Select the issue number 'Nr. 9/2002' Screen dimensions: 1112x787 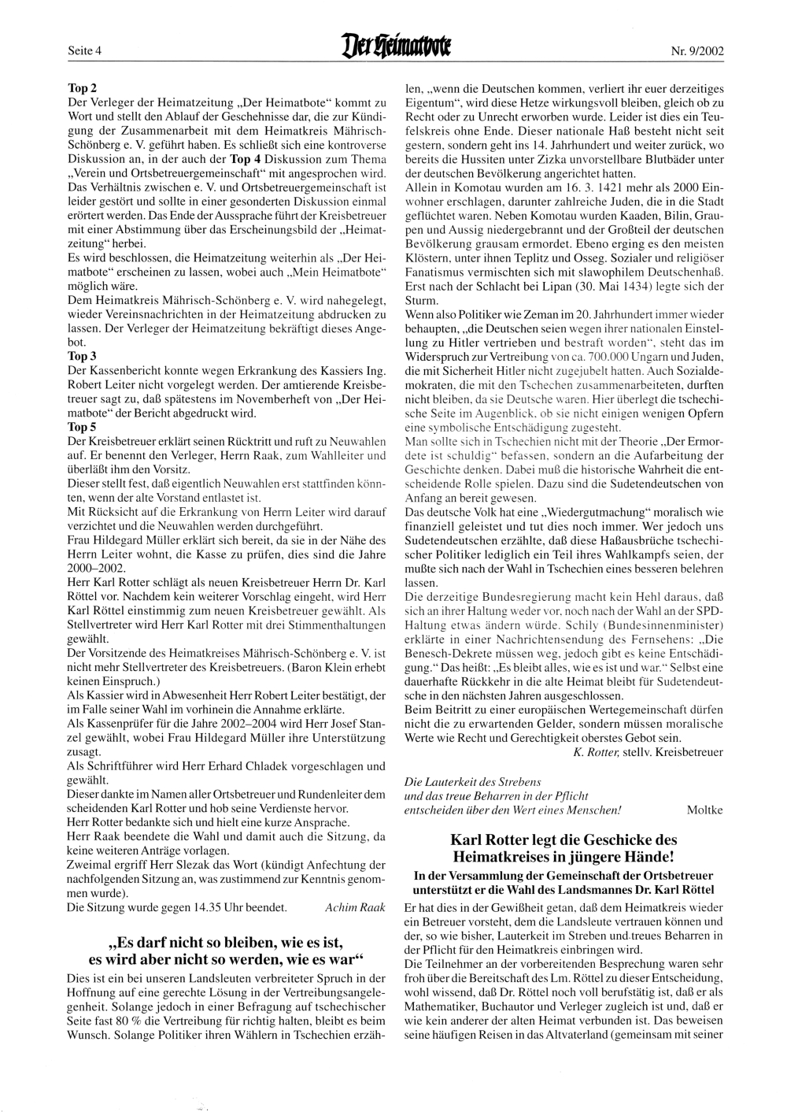point(697,53)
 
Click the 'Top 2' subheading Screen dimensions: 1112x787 point(83,90)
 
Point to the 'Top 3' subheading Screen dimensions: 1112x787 point(83,356)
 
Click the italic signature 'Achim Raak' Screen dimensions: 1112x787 point(355,907)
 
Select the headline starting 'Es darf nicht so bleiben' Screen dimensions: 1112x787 point(227,942)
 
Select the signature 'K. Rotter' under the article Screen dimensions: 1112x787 point(598,752)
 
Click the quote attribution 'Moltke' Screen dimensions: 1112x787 point(704,809)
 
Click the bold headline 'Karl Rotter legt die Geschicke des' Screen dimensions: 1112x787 point(563,840)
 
